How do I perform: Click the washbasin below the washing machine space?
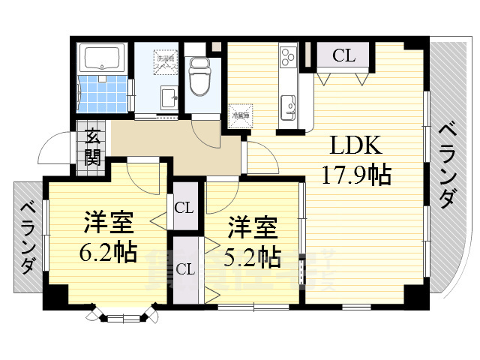[169, 97]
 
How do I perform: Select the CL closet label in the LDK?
[343, 55]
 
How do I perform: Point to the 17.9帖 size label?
[356, 175]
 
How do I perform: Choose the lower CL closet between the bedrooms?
[185, 269]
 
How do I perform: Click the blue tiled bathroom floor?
[102, 94]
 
